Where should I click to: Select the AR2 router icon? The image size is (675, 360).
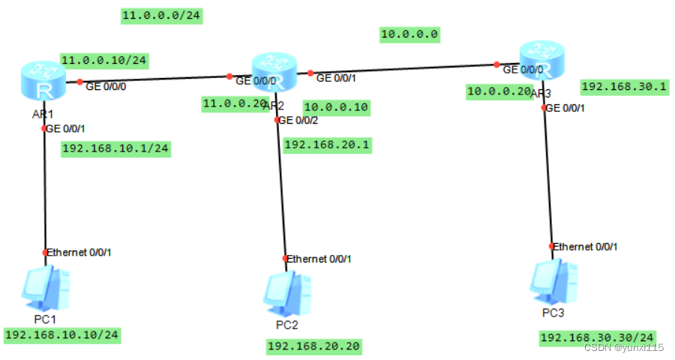pyautogui.click(x=274, y=72)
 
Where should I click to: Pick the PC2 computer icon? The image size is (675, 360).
pyautogui.click(x=287, y=293)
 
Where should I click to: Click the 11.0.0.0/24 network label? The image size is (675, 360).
pyautogui.click(x=161, y=15)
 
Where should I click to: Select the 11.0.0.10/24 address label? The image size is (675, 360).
pyautogui.click(x=103, y=60)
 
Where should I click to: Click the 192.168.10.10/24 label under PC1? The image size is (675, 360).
pyautogui.click(x=62, y=334)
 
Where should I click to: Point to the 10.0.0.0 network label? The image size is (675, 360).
pyautogui.click(x=409, y=34)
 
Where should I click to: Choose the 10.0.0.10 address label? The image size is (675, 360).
pyautogui.click(x=336, y=107)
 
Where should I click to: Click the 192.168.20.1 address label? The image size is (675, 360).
pyautogui.click(x=327, y=144)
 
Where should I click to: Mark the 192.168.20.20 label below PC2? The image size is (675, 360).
pyautogui.click(x=313, y=346)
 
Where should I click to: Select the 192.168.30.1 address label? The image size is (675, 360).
pyautogui.click(x=624, y=86)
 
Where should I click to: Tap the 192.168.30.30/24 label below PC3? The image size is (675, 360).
pyautogui.click(x=598, y=337)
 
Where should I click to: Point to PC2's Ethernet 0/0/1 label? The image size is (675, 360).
pyautogui.click(x=319, y=259)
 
